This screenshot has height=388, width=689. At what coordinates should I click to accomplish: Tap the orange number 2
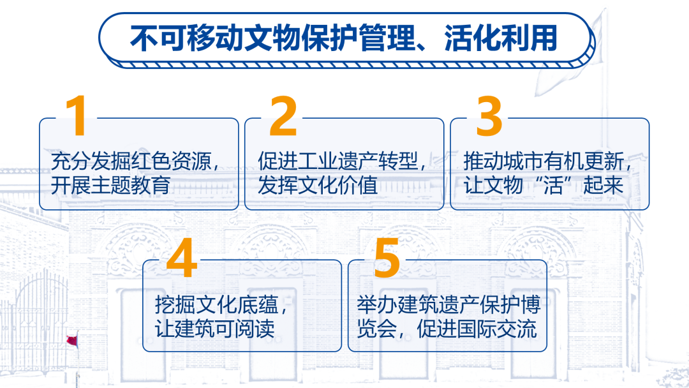[x=283, y=116]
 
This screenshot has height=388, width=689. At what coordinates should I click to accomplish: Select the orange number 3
[x=489, y=116]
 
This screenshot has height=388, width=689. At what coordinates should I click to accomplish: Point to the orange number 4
[x=182, y=257]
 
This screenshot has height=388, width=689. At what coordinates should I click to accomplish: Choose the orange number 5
[x=387, y=257]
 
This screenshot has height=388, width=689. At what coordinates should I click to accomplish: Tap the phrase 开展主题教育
[x=111, y=185]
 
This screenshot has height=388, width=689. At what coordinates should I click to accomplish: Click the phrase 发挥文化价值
[x=318, y=185]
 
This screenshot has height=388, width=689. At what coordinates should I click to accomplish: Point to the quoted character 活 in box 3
[x=553, y=185]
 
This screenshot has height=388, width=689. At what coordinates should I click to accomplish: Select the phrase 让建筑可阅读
[x=215, y=329]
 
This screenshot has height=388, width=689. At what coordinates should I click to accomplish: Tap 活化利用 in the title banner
[x=501, y=38]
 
